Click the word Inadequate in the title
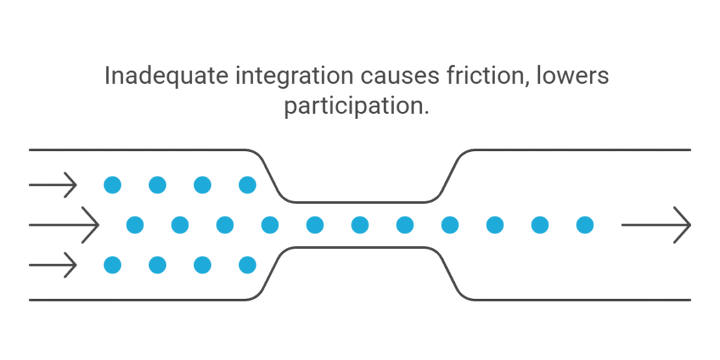coord(166,76)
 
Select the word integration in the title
coord(295,76)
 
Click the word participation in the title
coord(352,106)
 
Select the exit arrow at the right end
coord(656,225)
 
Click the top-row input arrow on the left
coord(53,185)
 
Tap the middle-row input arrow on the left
coord(64,225)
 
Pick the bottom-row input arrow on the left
coord(53,265)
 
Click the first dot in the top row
coord(112,185)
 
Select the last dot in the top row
coord(247,185)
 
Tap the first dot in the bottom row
coord(112,265)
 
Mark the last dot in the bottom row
coord(247,265)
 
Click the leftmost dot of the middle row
coord(135,225)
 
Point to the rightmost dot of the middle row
coord(585,225)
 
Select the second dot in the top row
coord(157,185)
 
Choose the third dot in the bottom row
coord(202,265)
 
